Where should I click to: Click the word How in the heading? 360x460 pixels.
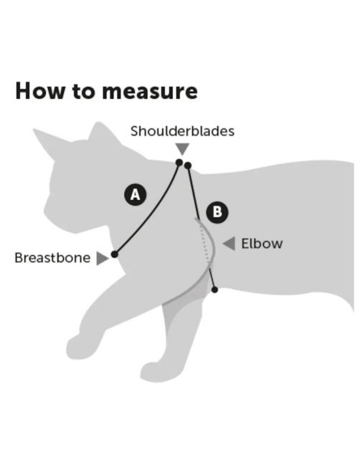coord(39,91)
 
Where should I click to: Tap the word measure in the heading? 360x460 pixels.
coord(150,92)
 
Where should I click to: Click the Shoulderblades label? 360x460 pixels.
coord(182,131)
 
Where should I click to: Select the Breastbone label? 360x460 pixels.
coord(52,258)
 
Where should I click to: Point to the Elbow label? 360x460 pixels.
coord(262,244)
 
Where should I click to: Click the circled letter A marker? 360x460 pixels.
coord(136,194)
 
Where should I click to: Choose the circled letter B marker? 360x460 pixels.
coord(217,212)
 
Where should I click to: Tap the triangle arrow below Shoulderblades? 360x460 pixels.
coord(182,148)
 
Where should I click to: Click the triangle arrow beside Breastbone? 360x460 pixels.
coord(102,258)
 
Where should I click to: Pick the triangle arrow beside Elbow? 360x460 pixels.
coord(229,244)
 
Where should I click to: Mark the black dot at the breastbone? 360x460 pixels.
coord(115,254)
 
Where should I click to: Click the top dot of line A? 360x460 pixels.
coord(179,162)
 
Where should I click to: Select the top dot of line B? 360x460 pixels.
coord(188,166)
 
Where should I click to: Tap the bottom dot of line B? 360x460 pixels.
coord(214,290)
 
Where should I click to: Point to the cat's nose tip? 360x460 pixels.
coord(45,210)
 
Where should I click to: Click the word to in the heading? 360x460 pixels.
coord(83,92)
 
